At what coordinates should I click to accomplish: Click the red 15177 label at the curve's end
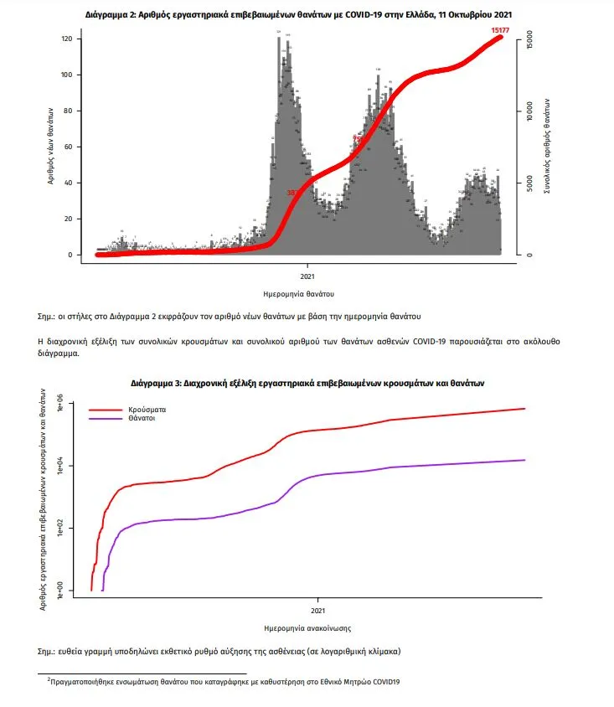pos(499,30)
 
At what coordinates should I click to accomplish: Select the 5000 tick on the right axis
pos(529,183)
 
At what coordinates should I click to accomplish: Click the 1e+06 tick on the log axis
pos(59,405)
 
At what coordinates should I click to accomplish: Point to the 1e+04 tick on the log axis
pos(59,467)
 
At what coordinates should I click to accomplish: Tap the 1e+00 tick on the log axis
pos(59,590)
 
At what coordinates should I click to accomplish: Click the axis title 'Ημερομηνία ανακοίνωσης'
pos(307,627)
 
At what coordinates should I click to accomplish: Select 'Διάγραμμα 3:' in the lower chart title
pos(157,382)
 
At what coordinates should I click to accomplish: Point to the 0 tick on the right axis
pos(529,255)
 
